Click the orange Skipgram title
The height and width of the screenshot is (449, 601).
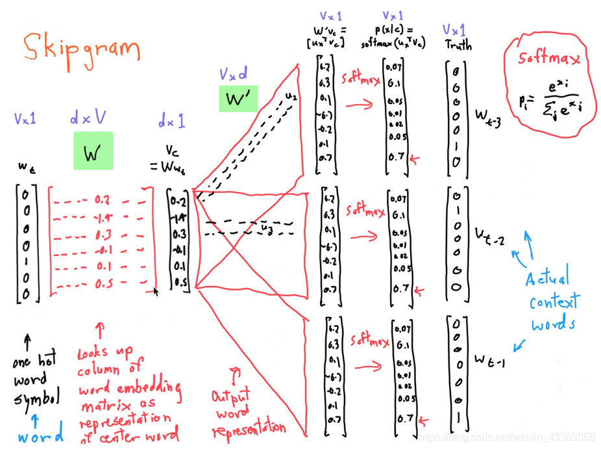81,49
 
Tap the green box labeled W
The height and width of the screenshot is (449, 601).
93,151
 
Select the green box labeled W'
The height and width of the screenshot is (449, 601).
238,99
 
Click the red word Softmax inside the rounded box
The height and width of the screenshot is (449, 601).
548,59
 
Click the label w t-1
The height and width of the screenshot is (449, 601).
489,358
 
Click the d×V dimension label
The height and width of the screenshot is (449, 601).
88,118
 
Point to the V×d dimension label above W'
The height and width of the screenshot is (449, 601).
233,75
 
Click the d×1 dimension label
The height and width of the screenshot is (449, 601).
171,120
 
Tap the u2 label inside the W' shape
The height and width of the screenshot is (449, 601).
290,97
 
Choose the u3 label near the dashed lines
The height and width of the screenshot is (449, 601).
266,229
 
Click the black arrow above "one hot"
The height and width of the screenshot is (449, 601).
27,342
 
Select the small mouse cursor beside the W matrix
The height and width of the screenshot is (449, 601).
156,292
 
